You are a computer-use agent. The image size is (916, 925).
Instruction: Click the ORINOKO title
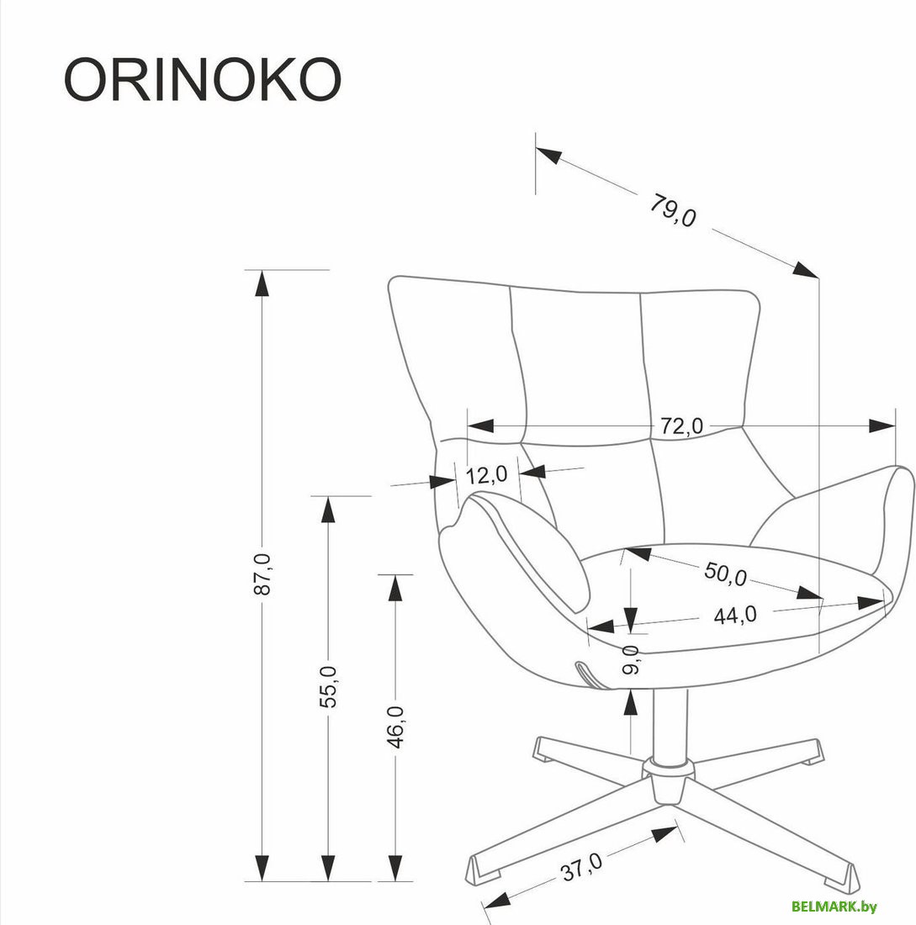202,82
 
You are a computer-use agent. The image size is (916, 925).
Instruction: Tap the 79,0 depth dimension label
673,211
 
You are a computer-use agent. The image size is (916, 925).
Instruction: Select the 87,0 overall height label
262,575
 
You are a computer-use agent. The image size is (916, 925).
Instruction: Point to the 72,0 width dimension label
681,426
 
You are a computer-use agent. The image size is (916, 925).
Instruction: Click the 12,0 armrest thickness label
486,475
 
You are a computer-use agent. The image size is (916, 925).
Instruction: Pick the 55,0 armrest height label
329,685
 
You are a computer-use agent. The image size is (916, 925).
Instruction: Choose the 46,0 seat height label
395,726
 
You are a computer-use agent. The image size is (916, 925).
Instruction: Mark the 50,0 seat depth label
726,574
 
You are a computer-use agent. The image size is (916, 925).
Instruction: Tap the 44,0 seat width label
734,616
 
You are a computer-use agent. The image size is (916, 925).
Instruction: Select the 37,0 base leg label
582,865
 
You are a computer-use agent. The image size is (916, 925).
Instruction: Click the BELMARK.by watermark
834,906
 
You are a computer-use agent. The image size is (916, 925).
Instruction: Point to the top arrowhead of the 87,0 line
262,283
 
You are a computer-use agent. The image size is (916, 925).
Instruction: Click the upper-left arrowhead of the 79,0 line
548,156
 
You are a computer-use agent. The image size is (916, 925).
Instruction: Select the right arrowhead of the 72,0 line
882,426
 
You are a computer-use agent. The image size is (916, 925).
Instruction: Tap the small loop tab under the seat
585,673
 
